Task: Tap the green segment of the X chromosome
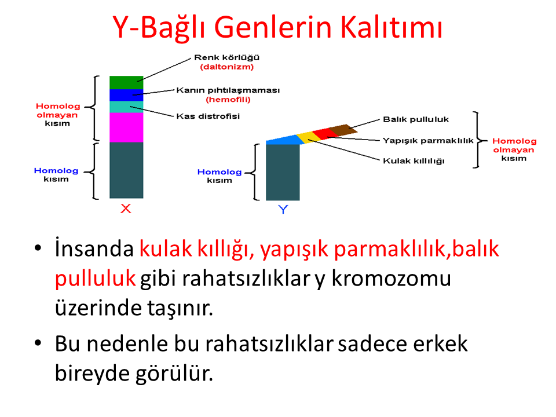click(x=126, y=83)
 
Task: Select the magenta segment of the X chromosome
click(x=126, y=127)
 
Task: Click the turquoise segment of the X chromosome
click(x=126, y=107)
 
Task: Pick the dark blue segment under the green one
click(x=126, y=96)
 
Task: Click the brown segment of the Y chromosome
click(x=343, y=130)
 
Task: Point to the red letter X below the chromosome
click(x=126, y=209)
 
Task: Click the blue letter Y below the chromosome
click(x=283, y=210)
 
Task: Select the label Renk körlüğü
click(x=226, y=57)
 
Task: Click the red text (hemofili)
click(x=228, y=99)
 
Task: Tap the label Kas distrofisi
click(x=208, y=116)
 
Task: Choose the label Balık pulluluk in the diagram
click(x=416, y=119)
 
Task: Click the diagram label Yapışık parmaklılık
click(x=428, y=141)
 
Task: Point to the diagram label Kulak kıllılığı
click(x=414, y=161)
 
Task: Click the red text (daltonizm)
click(x=227, y=67)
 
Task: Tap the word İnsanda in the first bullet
click(x=94, y=248)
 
